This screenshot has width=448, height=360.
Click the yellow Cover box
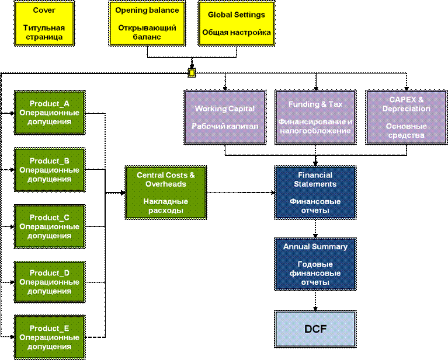[x=44, y=23]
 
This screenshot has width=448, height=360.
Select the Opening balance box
[x=147, y=23]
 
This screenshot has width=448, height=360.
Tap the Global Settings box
[x=237, y=23]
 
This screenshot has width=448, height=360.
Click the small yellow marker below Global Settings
[x=192, y=73]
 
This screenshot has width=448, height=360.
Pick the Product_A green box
[x=50, y=112]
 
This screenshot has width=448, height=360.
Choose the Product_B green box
[x=50, y=170]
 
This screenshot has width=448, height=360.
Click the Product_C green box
[x=50, y=226]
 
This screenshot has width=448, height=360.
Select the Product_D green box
[x=50, y=282]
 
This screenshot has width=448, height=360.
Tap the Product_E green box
[x=50, y=337]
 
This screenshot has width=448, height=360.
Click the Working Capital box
[x=225, y=117]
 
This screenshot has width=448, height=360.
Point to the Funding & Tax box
[x=315, y=117]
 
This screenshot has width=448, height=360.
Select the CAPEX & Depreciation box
[x=406, y=117]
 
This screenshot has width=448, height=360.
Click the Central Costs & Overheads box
[x=166, y=193]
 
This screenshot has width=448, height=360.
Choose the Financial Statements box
[x=315, y=193]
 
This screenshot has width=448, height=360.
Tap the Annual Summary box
[x=315, y=264]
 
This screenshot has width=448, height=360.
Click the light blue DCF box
[x=315, y=329]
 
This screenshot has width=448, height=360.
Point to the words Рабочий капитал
[x=225, y=127]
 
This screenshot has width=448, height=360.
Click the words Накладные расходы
[x=166, y=206]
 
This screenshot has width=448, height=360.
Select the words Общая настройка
[x=237, y=33]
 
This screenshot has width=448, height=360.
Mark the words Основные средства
[x=406, y=131]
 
